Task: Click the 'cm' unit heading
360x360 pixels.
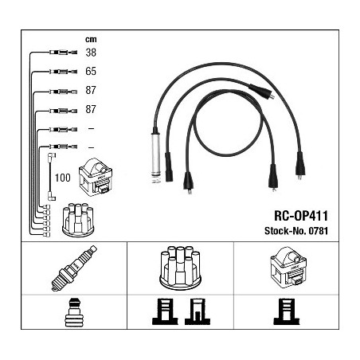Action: click(x=91, y=40)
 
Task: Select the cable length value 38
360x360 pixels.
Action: click(x=91, y=53)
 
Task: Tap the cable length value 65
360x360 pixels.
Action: click(x=91, y=71)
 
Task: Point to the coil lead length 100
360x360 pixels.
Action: click(x=63, y=178)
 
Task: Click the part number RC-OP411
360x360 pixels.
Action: click(x=301, y=216)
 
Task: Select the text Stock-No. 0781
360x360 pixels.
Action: click(x=296, y=231)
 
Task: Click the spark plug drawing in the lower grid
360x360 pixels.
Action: click(x=74, y=268)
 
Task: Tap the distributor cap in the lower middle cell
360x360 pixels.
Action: click(x=180, y=268)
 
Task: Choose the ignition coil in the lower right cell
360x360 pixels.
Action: click(x=288, y=267)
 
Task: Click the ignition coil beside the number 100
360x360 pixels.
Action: click(x=96, y=177)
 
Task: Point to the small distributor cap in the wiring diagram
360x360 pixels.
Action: click(x=78, y=220)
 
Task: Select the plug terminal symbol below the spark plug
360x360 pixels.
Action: click(x=74, y=313)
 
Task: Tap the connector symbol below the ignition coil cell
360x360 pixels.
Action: click(x=287, y=311)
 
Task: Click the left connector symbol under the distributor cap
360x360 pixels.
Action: click(x=165, y=311)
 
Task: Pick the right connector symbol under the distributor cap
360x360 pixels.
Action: click(x=198, y=311)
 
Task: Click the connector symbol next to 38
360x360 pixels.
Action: click(x=64, y=53)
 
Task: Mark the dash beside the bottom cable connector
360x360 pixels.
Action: click(x=91, y=147)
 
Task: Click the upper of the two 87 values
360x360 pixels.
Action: click(x=91, y=90)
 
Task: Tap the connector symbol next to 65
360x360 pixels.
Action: click(x=64, y=72)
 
